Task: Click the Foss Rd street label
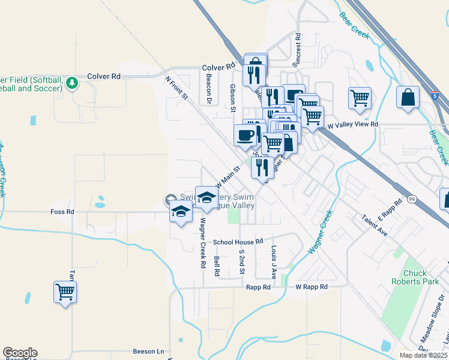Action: click(x=62, y=212)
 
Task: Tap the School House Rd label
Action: click(x=238, y=241)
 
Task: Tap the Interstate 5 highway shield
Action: click(x=435, y=95)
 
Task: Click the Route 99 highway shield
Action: click(x=412, y=199)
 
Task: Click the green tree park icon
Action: click(x=72, y=82)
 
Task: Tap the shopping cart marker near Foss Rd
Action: click(x=65, y=292)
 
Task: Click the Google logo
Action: click(x=20, y=353)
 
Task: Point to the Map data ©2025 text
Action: click(x=423, y=355)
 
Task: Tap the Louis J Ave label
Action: click(x=273, y=262)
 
